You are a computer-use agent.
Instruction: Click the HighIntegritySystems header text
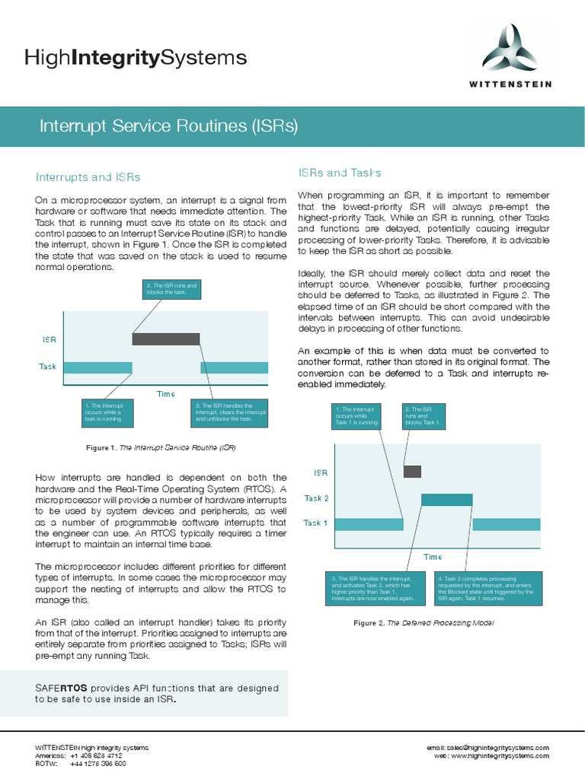(x=136, y=57)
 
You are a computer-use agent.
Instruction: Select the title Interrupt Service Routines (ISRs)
(x=168, y=126)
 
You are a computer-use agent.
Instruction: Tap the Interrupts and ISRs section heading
(x=88, y=177)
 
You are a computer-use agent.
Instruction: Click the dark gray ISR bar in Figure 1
(x=166, y=339)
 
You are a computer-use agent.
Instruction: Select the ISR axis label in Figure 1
(x=48, y=339)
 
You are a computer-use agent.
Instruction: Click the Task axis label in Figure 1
(x=48, y=367)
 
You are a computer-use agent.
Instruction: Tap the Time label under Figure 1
(x=165, y=394)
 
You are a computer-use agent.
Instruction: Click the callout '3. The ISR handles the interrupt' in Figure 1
(x=232, y=412)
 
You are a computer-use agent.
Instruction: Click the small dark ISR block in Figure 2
(x=412, y=471)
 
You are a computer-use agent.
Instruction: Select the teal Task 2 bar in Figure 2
(x=446, y=499)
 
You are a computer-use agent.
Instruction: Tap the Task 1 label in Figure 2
(x=316, y=523)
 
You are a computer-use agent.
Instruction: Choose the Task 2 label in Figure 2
(x=316, y=498)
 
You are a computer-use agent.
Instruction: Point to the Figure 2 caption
(x=424, y=623)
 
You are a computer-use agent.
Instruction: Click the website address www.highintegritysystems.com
(x=502, y=756)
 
